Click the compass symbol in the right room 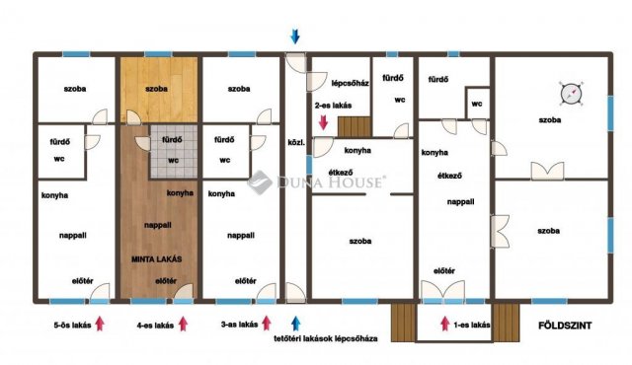[x=571, y=94]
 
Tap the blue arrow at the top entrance [x=295, y=36]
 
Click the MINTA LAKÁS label [x=156, y=259]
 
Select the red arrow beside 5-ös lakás [x=100, y=324]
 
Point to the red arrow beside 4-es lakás [x=183, y=324]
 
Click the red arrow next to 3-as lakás [x=266, y=324]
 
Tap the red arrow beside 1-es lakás [x=445, y=324]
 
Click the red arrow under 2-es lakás [x=323, y=122]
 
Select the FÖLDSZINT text [x=565, y=326]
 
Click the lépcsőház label [x=350, y=83]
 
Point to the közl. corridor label [x=296, y=142]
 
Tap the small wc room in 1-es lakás [x=477, y=104]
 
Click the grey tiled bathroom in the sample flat [x=174, y=151]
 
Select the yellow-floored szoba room [x=159, y=90]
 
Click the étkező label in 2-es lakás [x=341, y=173]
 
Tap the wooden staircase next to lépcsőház [x=355, y=127]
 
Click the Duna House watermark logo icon [x=259, y=182]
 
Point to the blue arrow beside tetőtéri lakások [x=296, y=324]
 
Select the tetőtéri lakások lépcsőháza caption [x=326, y=338]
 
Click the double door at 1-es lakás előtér [x=443, y=291]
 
